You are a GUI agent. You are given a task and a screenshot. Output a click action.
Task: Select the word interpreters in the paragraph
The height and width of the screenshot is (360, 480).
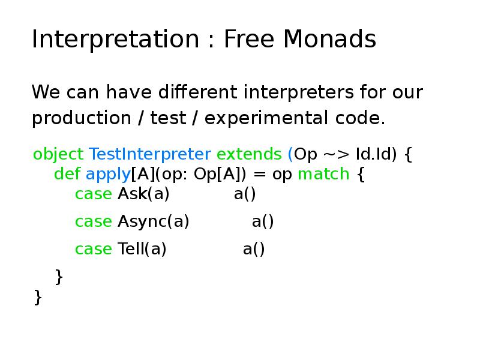[x=299, y=93]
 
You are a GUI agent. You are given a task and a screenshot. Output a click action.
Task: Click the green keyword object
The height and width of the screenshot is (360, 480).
[x=58, y=155]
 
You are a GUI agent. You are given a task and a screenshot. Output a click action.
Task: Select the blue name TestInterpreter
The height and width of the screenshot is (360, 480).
[x=149, y=155]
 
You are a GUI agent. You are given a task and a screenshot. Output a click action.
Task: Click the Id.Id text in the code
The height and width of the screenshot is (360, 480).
[x=376, y=155]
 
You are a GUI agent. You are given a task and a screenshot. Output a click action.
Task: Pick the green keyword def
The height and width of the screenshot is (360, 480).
[x=67, y=174]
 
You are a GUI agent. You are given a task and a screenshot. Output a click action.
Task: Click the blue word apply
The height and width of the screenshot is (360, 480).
[x=108, y=174]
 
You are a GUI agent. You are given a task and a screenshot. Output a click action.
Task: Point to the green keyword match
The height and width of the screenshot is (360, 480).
[x=323, y=174]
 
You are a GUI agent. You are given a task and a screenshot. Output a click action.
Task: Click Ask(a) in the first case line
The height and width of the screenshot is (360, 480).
[x=143, y=194]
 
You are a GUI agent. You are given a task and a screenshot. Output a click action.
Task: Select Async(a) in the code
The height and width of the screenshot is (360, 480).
[x=153, y=221]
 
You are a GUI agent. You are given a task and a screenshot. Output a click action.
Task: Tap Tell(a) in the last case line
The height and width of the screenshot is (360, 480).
[x=142, y=249]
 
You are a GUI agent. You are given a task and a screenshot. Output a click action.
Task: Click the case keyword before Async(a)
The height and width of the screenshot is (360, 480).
[x=93, y=221]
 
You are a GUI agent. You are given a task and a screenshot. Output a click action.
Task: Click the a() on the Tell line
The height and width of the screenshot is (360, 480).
[x=254, y=249]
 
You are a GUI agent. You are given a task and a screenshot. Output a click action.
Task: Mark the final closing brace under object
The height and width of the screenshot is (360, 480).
[x=38, y=296]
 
